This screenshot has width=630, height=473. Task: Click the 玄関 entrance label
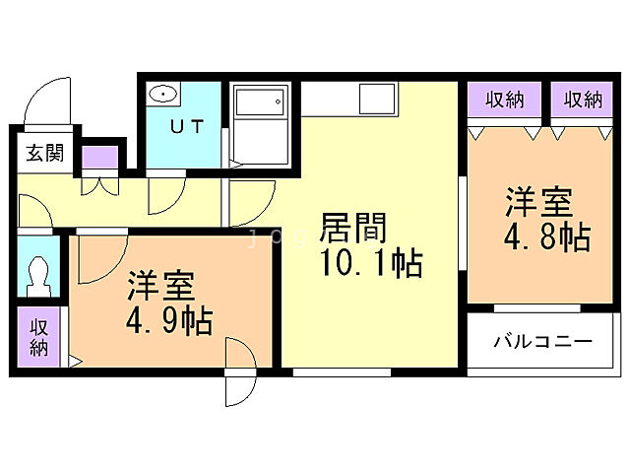(44, 153)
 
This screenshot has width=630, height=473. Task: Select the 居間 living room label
(352, 229)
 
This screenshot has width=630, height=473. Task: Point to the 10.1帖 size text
(368, 264)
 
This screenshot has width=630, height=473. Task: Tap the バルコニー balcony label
(542, 342)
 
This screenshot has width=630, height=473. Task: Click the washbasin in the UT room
(163, 95)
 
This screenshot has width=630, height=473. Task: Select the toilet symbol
(38, 275)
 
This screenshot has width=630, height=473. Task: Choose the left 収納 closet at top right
(504, 99)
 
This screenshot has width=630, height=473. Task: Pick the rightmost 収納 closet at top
(583, 99)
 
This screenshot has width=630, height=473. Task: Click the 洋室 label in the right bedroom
(539, 203)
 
